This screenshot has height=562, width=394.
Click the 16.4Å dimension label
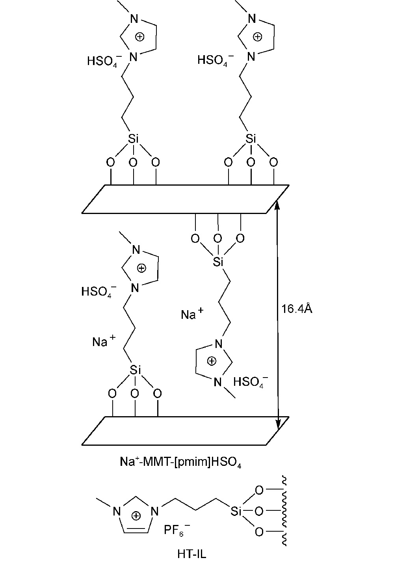coord(297,309)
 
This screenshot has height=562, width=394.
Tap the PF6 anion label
coord(176,530)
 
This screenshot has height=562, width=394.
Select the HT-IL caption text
coord(191,553)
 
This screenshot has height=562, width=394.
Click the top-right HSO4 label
coord(215,60)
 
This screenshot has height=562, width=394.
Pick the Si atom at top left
coord(133,139)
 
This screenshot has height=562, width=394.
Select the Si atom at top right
coord(250,139)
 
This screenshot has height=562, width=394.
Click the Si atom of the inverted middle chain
coord(218,262)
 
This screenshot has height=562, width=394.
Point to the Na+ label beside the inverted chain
coord(192,314)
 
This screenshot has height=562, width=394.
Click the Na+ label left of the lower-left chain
coord(104,341)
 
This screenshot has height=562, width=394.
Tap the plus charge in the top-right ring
coord(257,37)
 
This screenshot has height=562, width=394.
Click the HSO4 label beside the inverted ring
coord(251,381)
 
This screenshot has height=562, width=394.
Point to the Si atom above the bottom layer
coord(135,370)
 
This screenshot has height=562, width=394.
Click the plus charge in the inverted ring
coord(212,360)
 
